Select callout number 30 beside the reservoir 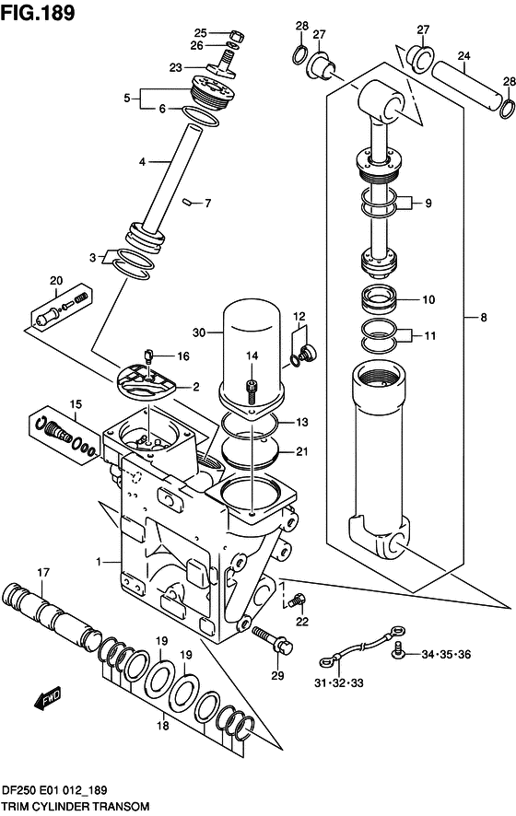click(x=200, y=332)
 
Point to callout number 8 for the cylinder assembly click(x=484, y=320)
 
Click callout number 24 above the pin click(x=463, y=55)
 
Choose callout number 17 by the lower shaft click(x=42, y=573)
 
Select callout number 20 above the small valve click(x=56, y=280)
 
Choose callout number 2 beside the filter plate click(x=194, y=387)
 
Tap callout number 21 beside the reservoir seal click(x=301, y=450)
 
